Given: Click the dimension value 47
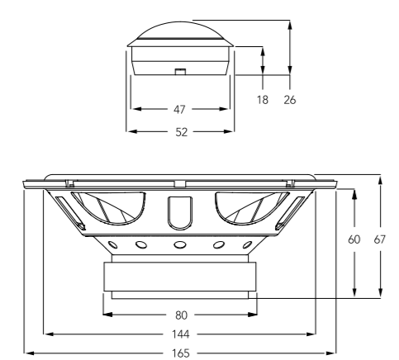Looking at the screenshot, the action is (x=179, y=110).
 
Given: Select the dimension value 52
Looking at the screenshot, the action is (x=181, y=132).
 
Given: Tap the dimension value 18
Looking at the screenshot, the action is (x=263, y=100).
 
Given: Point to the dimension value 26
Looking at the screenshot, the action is (x=290, y=100).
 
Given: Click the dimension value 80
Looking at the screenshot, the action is (x=181, y=315).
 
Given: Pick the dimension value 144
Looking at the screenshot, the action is (x=181, y=334).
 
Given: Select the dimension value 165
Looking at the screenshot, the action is (x=181, y=353).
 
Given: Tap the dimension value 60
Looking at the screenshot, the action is (x=354, y=239).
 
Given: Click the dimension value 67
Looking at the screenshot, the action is (x=379, y=239).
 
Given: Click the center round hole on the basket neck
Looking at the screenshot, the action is (x=179, y=244).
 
